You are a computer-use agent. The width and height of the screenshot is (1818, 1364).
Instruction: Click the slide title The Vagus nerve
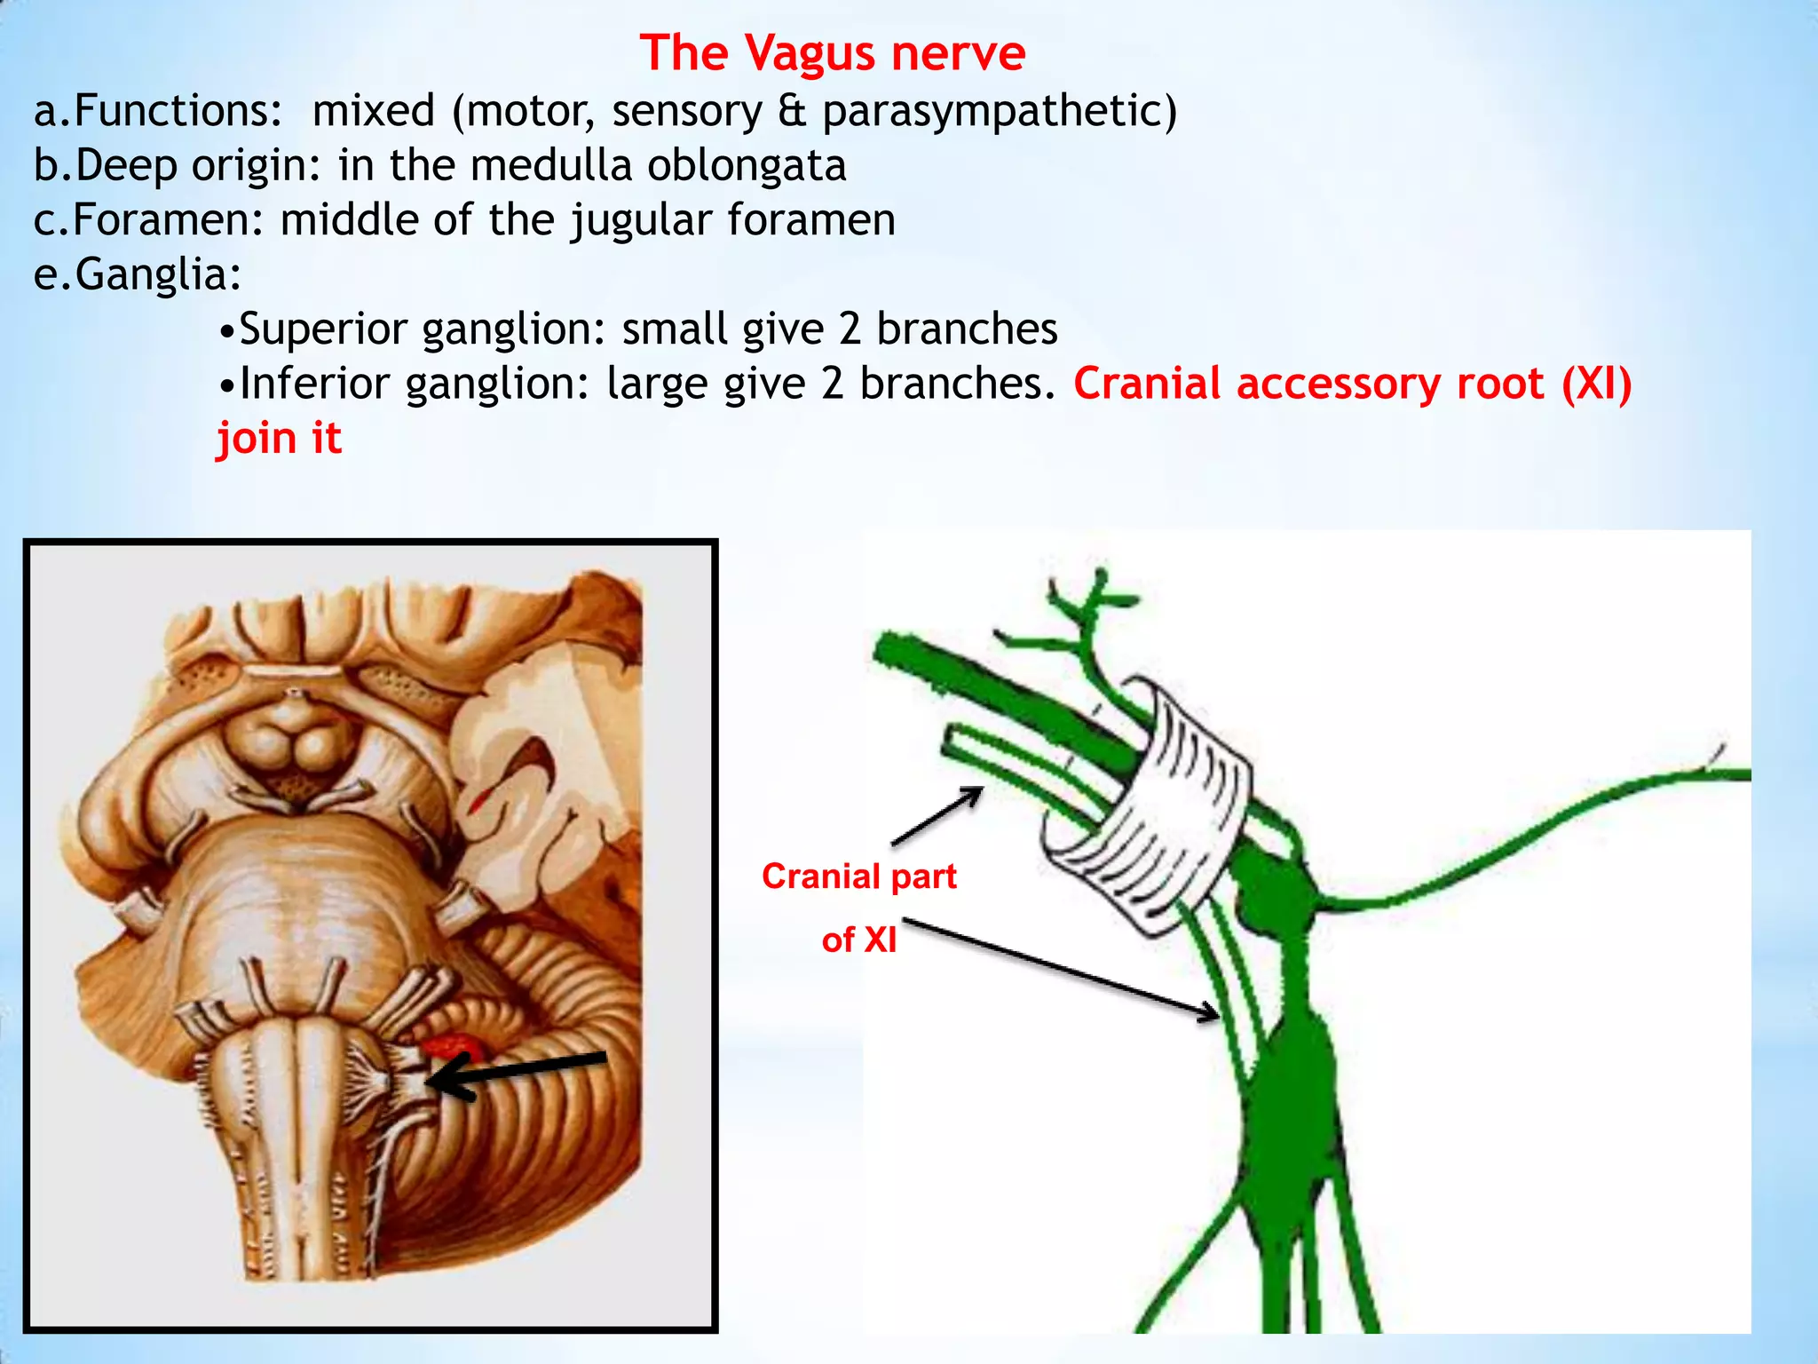[x=832, y=52]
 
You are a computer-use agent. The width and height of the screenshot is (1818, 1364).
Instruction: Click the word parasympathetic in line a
[x=1000, y=112]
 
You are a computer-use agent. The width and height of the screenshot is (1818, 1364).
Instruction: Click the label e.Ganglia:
[x=138, y=274]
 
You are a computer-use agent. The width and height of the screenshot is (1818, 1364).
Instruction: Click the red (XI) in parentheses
[x=1596, y=384]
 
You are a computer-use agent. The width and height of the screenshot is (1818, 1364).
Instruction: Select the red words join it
[x=280, y=439]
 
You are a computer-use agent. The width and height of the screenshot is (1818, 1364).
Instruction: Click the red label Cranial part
[x=858, y=876]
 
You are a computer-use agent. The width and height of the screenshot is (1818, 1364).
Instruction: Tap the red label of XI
[x=858, y=940]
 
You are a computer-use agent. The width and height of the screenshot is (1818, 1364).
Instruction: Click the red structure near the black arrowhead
[x=453, y=1046]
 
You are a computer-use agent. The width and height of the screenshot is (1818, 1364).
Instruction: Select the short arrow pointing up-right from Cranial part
[x=937, y=815]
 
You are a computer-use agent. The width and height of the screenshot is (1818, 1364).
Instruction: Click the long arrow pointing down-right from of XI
[x=1061, y=969]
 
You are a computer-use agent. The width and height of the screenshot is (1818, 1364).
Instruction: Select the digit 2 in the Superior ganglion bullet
[x=850, y=329]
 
